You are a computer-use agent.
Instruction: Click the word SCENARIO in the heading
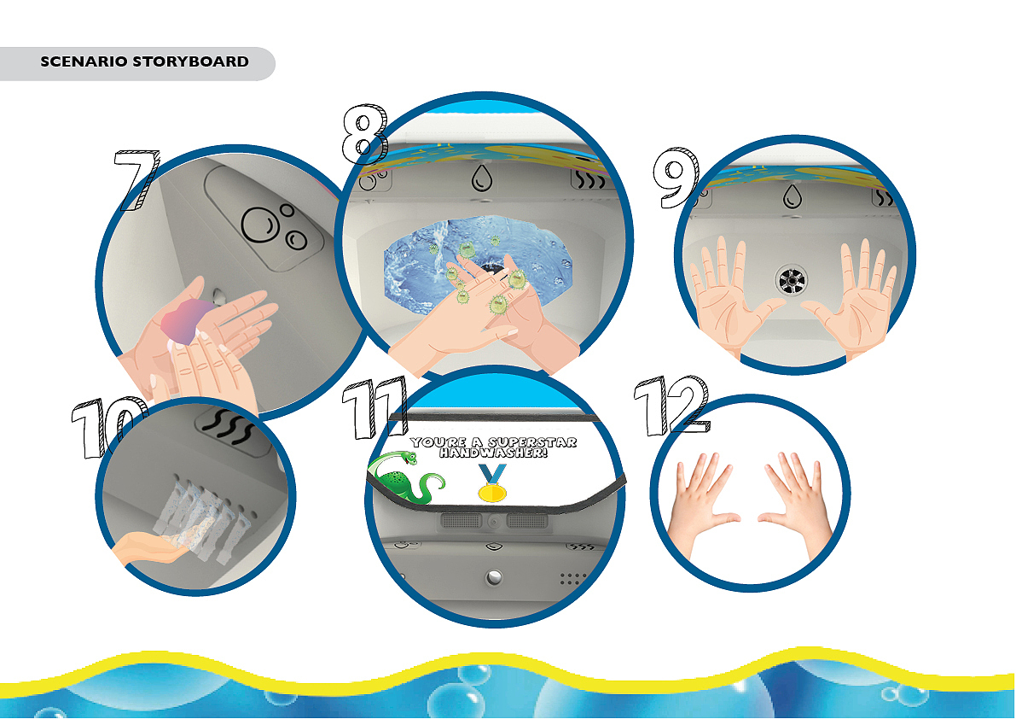(84, 61)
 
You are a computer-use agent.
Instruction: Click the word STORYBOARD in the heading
(190, 61)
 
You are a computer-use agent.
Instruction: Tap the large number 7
(136, 180)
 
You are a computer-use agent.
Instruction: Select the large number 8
(365, 134)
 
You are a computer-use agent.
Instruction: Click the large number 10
(108, 428)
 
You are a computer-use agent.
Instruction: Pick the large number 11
(374, 408)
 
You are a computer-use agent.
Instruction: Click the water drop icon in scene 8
(481, 178)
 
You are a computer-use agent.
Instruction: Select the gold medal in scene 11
(492, 483)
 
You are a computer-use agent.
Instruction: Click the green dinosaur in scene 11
(405, 478)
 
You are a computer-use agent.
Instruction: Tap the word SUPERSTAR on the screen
(532, 442)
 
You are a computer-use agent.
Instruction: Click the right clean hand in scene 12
(794, 500)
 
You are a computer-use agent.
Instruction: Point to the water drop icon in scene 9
(792, 196)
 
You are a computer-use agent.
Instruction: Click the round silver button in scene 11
(494, 577)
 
